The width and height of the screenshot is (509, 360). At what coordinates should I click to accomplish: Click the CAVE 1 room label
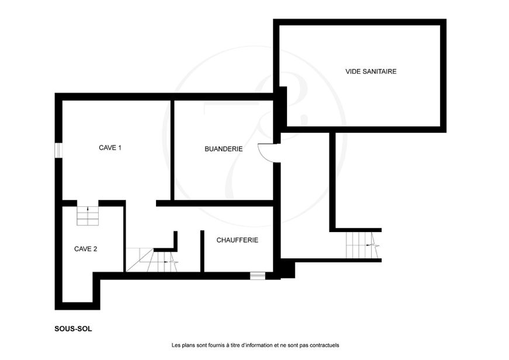pyautogui.click(x=110, y=148)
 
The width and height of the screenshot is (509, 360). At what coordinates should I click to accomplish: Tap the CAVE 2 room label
pyautogui.click(x=86, y=249)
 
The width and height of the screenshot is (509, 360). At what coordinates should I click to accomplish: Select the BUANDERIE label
pyautogui.click(x=224, y=149)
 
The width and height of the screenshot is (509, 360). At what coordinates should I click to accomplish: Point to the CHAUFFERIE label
pyautogui.click(x=237, y=240)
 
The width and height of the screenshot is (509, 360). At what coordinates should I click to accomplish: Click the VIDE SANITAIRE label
pyautogui.click(x=371, y=71)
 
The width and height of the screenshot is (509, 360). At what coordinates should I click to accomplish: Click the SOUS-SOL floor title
pyautogui.click(x=74, y=329)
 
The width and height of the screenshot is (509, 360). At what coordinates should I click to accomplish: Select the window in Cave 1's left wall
pyautogui.click(x=58, y=151)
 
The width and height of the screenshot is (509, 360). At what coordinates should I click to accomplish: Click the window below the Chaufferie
pyautogui.click(x=258, y=276)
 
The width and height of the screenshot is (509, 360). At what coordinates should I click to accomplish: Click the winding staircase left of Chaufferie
pyautogui.click(x=152, y=260)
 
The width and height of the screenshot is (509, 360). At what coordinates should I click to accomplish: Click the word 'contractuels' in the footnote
pyautogui.click(x=324, y=345)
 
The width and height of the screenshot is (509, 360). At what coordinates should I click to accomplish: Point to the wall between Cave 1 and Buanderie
pyautogui.click(x=172, y=150)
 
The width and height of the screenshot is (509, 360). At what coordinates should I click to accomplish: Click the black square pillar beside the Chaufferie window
pyautogui.click(x=288, y=270)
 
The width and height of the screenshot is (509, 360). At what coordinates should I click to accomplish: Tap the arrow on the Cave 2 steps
pyautogui.click(x=88, y=209)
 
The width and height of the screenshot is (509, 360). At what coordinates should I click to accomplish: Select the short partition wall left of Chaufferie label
pyautogui.click(x=202, y=251)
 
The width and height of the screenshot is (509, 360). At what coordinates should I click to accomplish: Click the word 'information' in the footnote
pyautogui.click(x=258, y=345)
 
